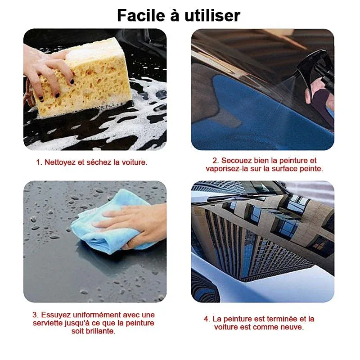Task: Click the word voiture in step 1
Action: (134, 162)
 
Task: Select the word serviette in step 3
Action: (49, 323)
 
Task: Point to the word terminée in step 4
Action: (273, 319)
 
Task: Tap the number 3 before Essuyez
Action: (35, 315)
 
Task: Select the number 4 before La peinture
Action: (206, 319)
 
